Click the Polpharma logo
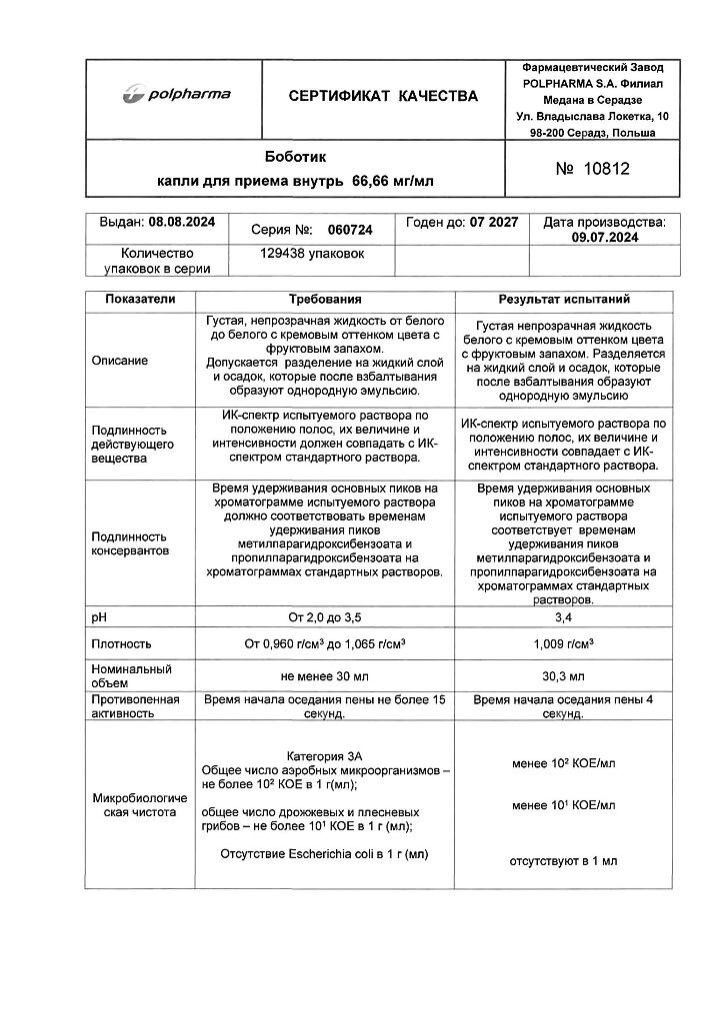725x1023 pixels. [x=176, y=95]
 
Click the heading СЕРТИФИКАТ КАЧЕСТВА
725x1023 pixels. [x=383, y=96]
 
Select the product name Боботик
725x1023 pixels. [x=295, y=157]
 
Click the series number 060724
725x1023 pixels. [x=351, y=230]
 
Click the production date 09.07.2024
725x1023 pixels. [x=604, y=238]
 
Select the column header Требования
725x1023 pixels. [x=325, y=299]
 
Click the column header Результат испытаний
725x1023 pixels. [x=564, y=299]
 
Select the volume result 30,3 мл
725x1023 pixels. [x=564, y=676]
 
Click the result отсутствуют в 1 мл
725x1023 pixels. [x=564, y=860]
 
